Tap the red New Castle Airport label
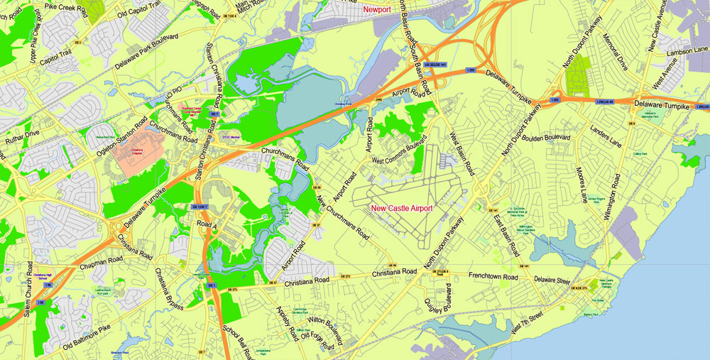(x=402, y=208)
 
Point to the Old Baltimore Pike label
(x=87, y=337)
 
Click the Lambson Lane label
(x=688, y=50)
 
